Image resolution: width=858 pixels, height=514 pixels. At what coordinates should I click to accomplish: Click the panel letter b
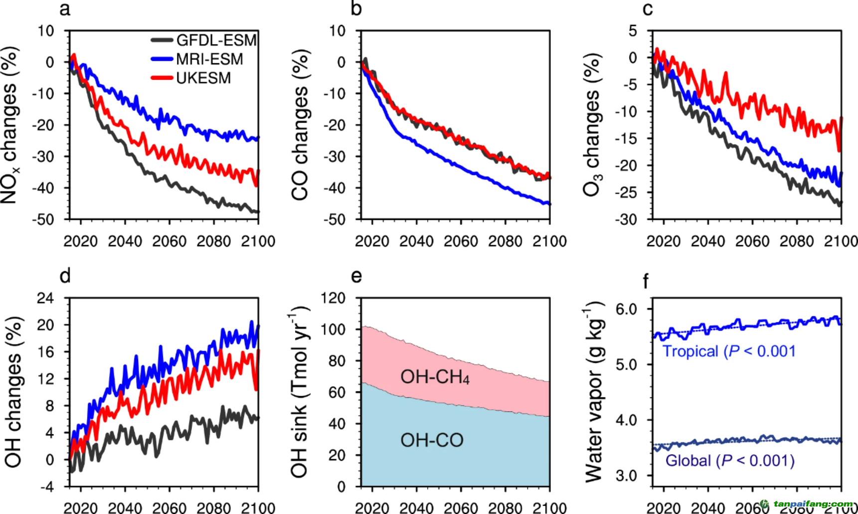click(x=356, y=9)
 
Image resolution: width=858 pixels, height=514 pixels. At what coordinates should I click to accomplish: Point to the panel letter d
click(x=65, y=276)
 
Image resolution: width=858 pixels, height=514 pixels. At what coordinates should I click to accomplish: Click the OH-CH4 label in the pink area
click(x=435, y=377)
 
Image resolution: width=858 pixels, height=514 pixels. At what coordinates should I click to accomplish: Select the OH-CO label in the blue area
click(x=432, y=440)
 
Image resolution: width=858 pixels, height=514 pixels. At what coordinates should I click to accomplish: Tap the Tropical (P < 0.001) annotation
click(x=728, y=351)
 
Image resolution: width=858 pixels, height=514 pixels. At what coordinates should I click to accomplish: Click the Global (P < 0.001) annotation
click(x=729, y=461)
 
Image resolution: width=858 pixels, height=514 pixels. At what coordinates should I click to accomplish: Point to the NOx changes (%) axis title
click(x=10, y=125)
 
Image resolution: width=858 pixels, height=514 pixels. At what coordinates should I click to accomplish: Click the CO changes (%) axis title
click(x=301, y=125)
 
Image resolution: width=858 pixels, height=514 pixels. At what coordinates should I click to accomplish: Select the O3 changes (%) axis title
click(x=592, y=125)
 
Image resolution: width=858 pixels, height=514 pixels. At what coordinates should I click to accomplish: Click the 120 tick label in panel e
click(x=333, y=298)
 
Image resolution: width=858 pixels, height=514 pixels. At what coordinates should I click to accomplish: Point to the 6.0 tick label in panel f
click(x=626, y=309)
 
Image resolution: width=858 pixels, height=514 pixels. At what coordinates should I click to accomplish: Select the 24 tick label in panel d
click(x=45, y=298)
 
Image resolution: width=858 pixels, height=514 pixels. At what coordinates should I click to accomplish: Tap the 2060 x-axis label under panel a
click(x=169, y=242)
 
